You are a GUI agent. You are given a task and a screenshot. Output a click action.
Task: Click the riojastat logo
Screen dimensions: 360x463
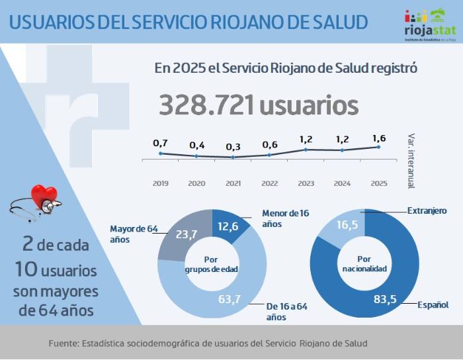click(429, 24)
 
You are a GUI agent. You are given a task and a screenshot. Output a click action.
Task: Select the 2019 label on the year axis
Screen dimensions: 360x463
click(160, 183)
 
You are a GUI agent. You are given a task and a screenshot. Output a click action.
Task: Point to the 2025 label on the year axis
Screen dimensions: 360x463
click(379, 183)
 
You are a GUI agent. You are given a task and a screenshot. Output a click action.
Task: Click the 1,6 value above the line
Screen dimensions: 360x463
click(379, 138)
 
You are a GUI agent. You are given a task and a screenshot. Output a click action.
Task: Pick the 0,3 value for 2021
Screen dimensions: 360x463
click(233, 147)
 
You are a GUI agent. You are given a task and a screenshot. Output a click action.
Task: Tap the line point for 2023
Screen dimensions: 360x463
click(306, 150)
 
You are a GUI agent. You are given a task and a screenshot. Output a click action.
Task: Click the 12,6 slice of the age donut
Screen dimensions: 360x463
click(228, 228)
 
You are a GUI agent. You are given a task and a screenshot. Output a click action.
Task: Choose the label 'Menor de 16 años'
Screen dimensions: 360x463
click(285, 218)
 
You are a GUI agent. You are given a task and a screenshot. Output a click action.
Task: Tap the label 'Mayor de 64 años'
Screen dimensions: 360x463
click(134, 234)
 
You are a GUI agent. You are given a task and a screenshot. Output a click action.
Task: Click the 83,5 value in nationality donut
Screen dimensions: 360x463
click(384, 299)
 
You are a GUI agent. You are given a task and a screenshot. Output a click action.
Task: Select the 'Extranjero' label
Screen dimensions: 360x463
click(427, 210)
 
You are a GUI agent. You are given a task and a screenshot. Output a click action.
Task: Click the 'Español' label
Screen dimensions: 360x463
click(433, 304)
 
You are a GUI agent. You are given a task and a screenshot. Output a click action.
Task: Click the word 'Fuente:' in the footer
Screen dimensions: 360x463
click(63, 343)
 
